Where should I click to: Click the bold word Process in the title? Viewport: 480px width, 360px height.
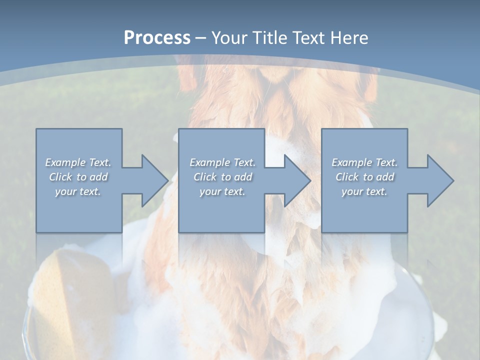(x=157, y=37)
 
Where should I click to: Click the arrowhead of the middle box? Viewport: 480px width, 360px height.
(x=297, y=180)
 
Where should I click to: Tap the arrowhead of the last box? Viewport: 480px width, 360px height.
(x=440, y=180)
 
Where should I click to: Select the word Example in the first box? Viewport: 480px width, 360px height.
(x=65, y=162)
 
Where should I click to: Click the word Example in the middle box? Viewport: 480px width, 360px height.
(x=210, y=162)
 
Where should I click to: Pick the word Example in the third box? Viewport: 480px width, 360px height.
(x=352, y=162)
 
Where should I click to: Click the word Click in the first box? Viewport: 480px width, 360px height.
(x=60, y=177)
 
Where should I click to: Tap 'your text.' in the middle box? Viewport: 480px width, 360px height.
(x=222, y=191)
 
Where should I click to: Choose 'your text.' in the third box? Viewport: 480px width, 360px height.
(x=364, y=191)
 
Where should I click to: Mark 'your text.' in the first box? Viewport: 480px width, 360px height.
(x=78, y=191)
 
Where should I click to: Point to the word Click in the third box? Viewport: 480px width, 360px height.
(x=347, y=177)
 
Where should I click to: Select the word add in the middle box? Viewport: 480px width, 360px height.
(x=242, y=177)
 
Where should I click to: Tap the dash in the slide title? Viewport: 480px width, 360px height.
(x=201, y=37)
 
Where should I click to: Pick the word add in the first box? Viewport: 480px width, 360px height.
(x=98, y=177)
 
